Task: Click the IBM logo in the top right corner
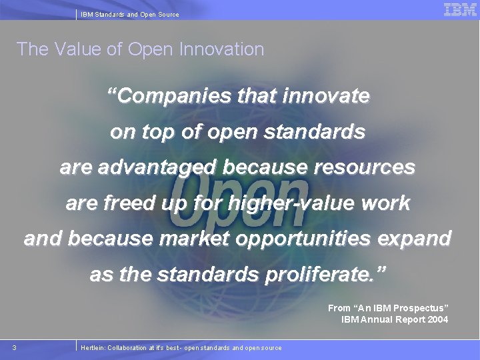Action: coord(460,9)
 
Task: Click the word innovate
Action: coord(326,97)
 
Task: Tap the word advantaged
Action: coord(158,167)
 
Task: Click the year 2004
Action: coord(437,319)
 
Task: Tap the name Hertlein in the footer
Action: coord(92,347)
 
